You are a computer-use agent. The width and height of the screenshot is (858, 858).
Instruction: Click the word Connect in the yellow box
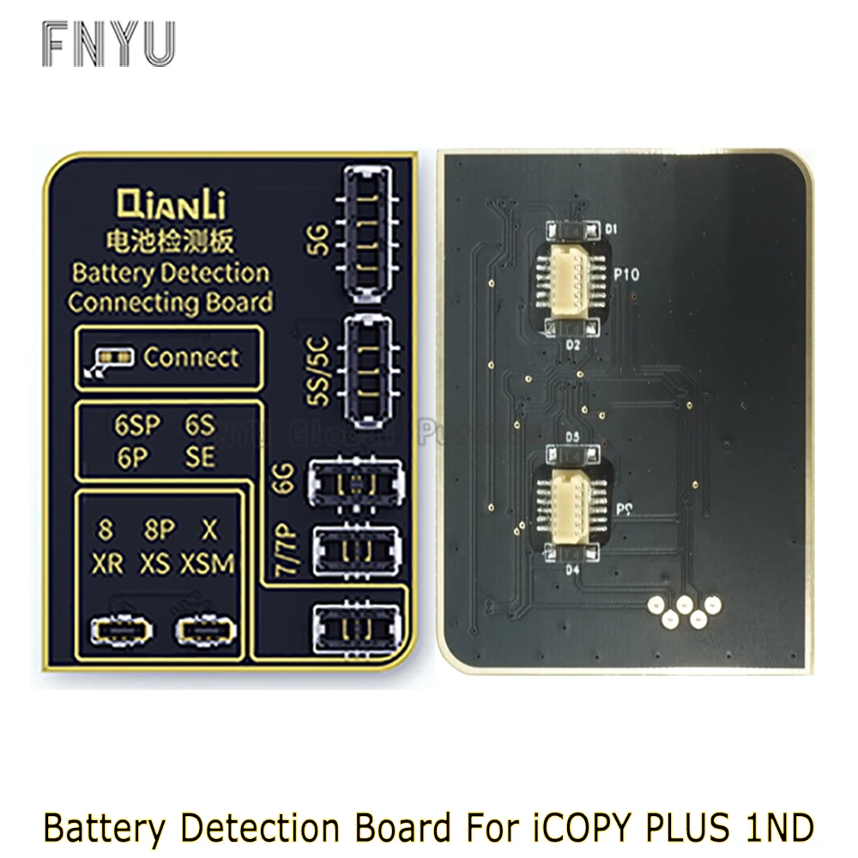[191, 356]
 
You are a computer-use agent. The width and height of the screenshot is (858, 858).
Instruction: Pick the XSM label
[208, 564]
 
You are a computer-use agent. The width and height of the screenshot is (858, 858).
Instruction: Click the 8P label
[160, 531]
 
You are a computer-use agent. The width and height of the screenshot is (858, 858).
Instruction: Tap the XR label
[106, 564]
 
